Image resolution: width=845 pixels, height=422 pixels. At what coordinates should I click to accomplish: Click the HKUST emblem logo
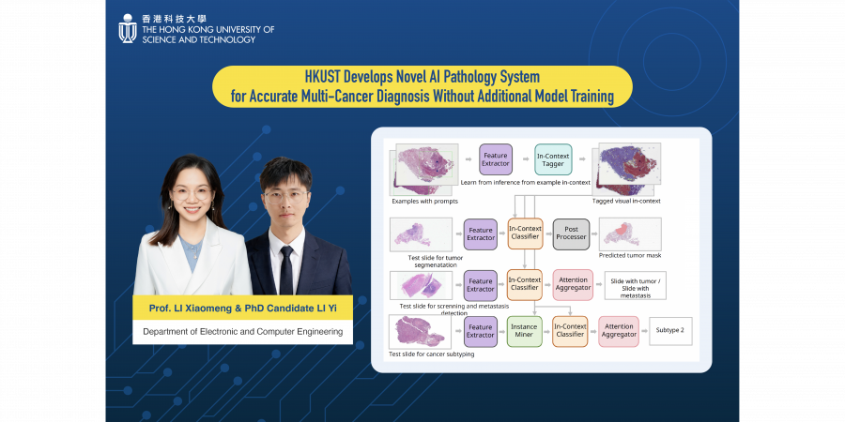click(x=128, y=28)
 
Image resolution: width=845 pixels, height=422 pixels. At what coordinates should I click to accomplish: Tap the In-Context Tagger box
click(x=553, y=159)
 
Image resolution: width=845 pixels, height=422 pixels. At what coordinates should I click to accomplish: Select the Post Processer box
click(x=571, y=234)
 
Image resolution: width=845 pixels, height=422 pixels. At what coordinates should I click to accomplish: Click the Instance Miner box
click(x=524, y=331)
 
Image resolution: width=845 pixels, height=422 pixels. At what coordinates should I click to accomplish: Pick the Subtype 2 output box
click(x=669, y=330)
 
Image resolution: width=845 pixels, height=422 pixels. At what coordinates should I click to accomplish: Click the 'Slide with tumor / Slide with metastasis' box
click(x=636, y=285)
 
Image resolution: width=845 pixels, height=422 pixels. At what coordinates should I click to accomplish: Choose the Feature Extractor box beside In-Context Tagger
click(x=495, y=159)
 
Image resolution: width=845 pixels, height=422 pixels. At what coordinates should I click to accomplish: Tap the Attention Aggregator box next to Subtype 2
click(x=619, y=331)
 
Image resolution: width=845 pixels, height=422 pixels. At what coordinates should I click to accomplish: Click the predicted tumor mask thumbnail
click(x=630, y=234)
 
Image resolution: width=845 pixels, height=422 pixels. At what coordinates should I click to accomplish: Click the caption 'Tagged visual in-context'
click(x=626, y=201)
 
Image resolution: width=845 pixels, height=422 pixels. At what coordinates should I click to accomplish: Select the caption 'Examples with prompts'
click(x=422, y=201)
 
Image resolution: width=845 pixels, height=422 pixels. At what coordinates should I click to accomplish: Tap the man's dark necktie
click(x=286, y=270)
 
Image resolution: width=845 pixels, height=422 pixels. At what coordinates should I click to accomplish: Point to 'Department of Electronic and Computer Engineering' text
click(x=242, y=332)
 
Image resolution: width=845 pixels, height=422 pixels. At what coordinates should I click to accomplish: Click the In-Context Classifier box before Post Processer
click(x=525, y=234)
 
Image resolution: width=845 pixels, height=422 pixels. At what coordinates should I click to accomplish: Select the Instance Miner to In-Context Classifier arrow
click(x=547, y=332)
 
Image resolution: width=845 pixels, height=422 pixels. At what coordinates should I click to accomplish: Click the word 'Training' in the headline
click(x=591, y=97)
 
